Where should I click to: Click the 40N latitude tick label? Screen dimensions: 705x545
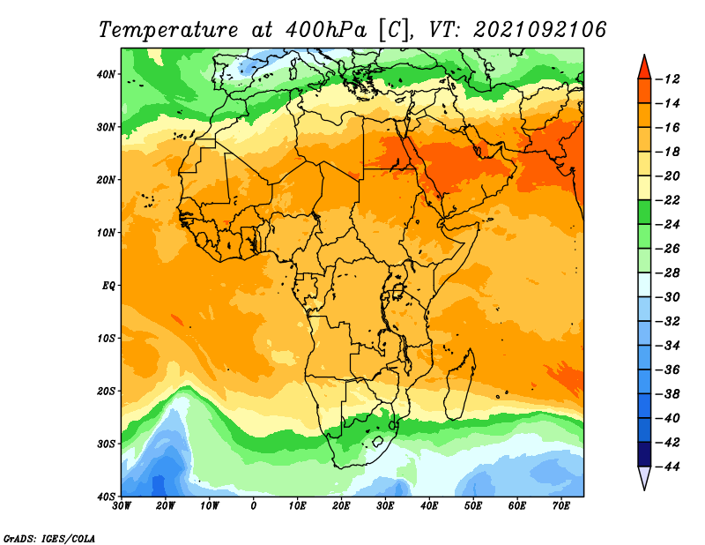coord(106,74)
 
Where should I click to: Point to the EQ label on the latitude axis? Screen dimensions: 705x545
coord(108,286)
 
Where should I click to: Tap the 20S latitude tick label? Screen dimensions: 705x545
coord(106,391)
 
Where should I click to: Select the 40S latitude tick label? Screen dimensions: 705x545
coord(106,496)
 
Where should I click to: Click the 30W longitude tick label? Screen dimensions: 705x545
coord(122,506)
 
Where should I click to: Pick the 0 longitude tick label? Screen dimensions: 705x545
coord(254,506)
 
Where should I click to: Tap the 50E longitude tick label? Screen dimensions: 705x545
coord(473,506)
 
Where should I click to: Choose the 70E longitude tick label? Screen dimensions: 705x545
coord(561,506)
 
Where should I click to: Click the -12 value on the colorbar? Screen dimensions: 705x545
coord(668,79)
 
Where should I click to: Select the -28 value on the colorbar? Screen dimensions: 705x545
coord(668,272)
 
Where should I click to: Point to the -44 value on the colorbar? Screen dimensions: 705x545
coord(668,467)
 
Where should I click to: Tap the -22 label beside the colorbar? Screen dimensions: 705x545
coord(668,200)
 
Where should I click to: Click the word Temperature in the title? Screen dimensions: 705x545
coord(168,30)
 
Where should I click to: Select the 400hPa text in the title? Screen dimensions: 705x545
coord(326,30)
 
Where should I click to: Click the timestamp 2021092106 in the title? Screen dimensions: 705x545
coord(540,30)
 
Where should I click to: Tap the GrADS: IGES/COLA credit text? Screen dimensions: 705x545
coord(49,539)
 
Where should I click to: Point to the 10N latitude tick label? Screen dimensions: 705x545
coord(106,233)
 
